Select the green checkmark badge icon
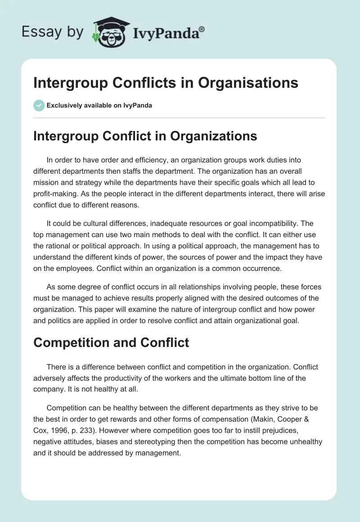(39, 105)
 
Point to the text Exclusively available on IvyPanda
(99, 105)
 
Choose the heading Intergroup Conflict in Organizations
(145, 136)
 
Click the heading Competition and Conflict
(111, 342)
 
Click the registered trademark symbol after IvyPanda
(202, 29)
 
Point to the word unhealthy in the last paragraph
(304, 442)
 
